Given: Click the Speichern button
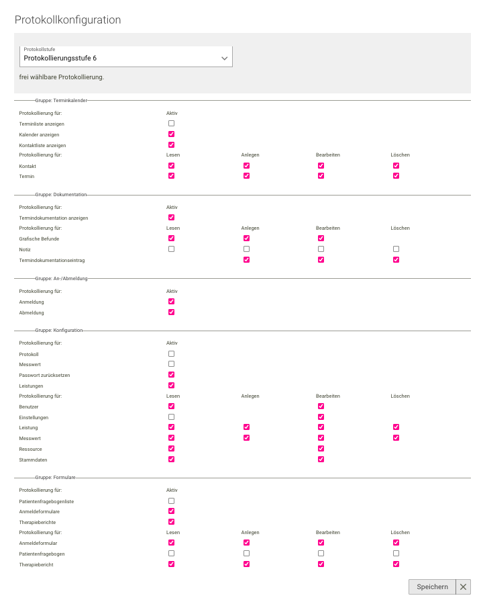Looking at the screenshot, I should click(432, 587).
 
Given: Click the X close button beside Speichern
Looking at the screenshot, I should click(464, 587).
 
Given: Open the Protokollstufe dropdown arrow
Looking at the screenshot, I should click(225, 58).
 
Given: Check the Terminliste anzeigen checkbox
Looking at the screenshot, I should click(171, 124).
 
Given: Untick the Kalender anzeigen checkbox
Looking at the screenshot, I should click(171, 134).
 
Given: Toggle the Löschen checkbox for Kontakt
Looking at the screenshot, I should click(396, 165).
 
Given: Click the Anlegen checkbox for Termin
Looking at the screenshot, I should click(246, 176).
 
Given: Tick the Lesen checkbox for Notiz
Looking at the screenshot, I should click(171, 249).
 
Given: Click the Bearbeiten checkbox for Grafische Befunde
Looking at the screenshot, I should click(321, 238).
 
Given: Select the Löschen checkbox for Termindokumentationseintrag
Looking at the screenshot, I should click(396, 259).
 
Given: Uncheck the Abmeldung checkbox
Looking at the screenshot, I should click(171, 312).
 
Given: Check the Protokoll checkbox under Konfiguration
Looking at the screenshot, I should click(171, 353).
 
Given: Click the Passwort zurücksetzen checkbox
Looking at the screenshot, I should click(171, 374).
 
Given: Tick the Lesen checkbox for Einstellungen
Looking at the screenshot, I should click(171, 417).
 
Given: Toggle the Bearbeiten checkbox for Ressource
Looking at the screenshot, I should click(321, 448).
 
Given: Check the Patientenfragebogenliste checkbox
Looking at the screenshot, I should click(171, 501).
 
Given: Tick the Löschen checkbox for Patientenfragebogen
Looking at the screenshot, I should click(396, 554).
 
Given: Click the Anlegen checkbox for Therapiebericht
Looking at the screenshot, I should click(246, 564).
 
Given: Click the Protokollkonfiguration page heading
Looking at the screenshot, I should click(68, 20).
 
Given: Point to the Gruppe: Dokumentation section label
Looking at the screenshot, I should click(60, 194).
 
